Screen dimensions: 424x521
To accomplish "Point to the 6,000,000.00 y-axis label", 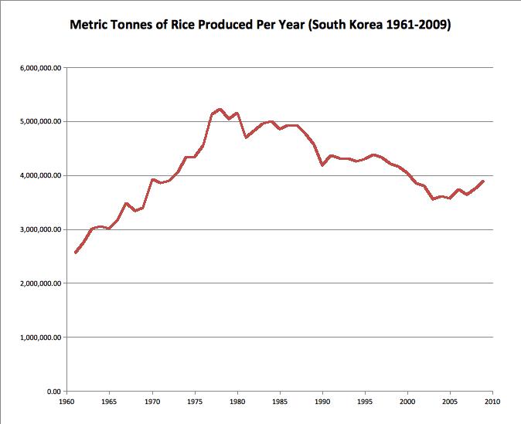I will click(x=40, y=68).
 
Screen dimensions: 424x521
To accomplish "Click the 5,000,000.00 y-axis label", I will click(x=40, y=122).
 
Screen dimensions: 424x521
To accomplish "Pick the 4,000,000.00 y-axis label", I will click(x=40, y=176).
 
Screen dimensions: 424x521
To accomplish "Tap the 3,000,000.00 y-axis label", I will click(x=40, y=230).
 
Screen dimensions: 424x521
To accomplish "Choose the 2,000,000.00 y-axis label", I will click(x=40, y=283).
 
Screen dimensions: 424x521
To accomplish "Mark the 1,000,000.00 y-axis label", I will click(x=40, y=338).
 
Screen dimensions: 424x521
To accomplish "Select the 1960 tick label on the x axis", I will click(x=67, y=402).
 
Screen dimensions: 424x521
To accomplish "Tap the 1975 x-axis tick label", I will click(x=195, y=402).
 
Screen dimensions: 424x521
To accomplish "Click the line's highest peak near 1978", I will click(x=220, y=109).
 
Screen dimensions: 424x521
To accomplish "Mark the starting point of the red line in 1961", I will click(x=76, y=253).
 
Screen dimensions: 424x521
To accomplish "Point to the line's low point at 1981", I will click(x=246, y=137).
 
